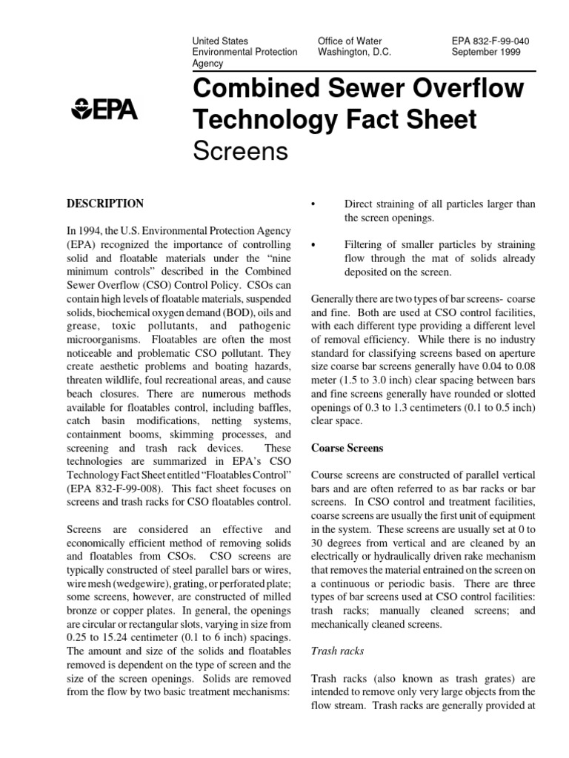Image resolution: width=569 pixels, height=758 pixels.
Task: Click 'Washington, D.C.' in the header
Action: (x=354, y=53)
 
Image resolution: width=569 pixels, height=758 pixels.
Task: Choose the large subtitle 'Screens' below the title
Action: (x=239, y=152)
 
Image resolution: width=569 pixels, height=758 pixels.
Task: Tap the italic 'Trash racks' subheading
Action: (x=337, y=651)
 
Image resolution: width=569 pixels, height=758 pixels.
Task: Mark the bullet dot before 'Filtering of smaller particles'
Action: (x=314, y=245)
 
